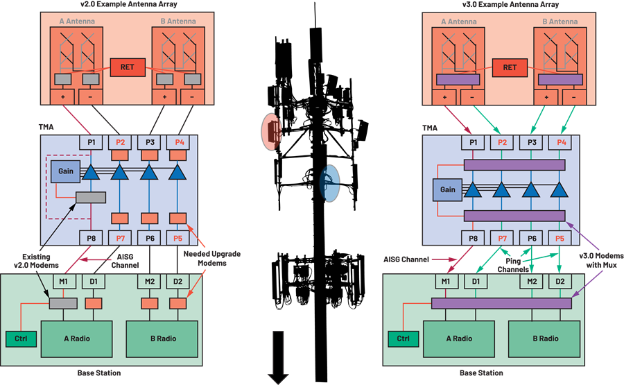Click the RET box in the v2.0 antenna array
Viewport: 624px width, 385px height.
pyautogui.click(x=128, y=67)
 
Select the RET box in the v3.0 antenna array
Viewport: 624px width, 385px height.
pyautogui.click(x=510, y=68)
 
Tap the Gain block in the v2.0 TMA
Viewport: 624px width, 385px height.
pyautogui.click(x=66, y=171)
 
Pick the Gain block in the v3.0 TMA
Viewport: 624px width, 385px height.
pyautogui.click(x=447, y=189)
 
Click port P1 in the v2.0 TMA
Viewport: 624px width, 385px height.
pyautogui.click(x=92, y=142)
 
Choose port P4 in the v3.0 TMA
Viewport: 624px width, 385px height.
pyautogui.click(x=561, y=142)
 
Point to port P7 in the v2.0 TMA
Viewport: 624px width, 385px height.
pyautogui.click(x=120, y=238)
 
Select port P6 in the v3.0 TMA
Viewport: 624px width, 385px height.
pyautogui.click(x=532, y=238)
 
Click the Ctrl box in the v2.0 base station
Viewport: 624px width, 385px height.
pyautogui.click(x=21, y=339)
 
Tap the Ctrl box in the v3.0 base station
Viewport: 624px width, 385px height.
pyautogui.click(x=403, y=339)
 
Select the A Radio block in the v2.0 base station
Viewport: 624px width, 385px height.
pyautogui.click(x=77, y=339)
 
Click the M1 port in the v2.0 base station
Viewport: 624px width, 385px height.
pyautogui.click(x=64, y=282)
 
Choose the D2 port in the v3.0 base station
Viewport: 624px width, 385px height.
pyautogui.click(x=560, y=282)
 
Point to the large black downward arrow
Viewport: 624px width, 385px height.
pyautogui.click(x=278, y=357)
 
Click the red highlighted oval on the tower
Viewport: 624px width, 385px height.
pyautogui.click(x=271, y=132)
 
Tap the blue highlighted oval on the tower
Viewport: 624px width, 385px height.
pyautogui.click(x=329, y=184)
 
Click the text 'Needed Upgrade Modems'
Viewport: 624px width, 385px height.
pyautogui.click(x=212, y=258)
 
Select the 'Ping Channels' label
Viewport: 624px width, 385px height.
pyautogui.click(x=513, y=265)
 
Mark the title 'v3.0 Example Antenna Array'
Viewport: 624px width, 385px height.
pyautogui.click(x=510, y=4)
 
